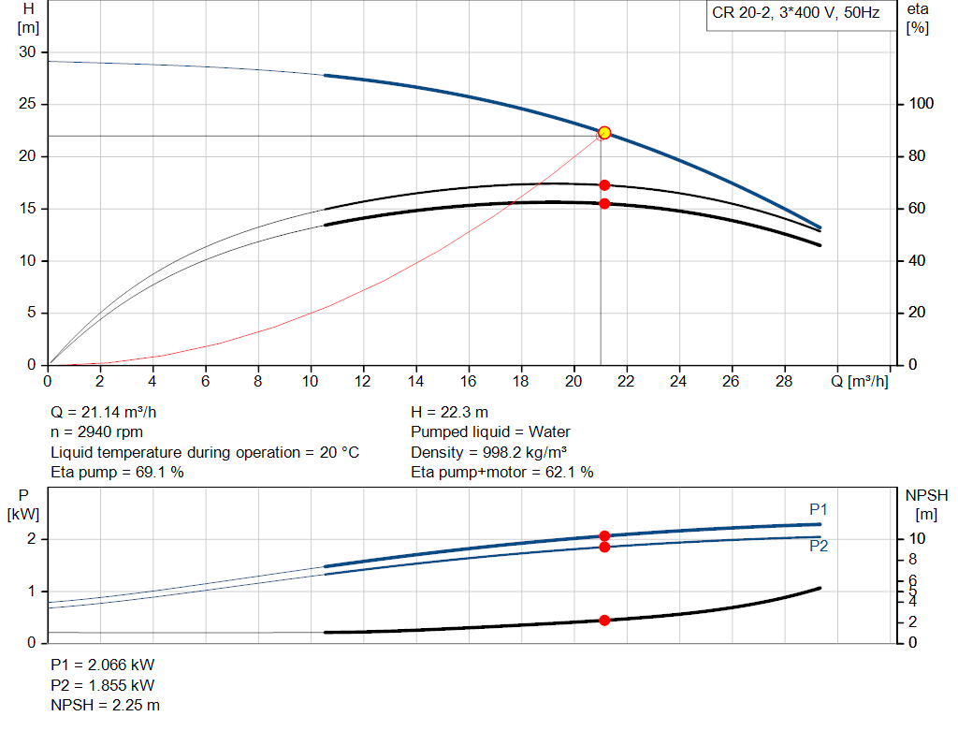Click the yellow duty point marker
(x=604, y=133)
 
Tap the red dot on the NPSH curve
(x=604, y=621)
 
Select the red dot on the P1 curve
(x=604, y=536)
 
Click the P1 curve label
(x=819, y=509)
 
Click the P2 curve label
(x=819, y=547)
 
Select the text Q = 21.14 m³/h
(x=110, y=412)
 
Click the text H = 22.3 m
(x=449, y=412)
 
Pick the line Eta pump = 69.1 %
(x=117, y=473)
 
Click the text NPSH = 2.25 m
(x=105, y=705)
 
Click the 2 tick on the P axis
(x=31, y=539)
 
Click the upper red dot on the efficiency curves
(x=604, y=185)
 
